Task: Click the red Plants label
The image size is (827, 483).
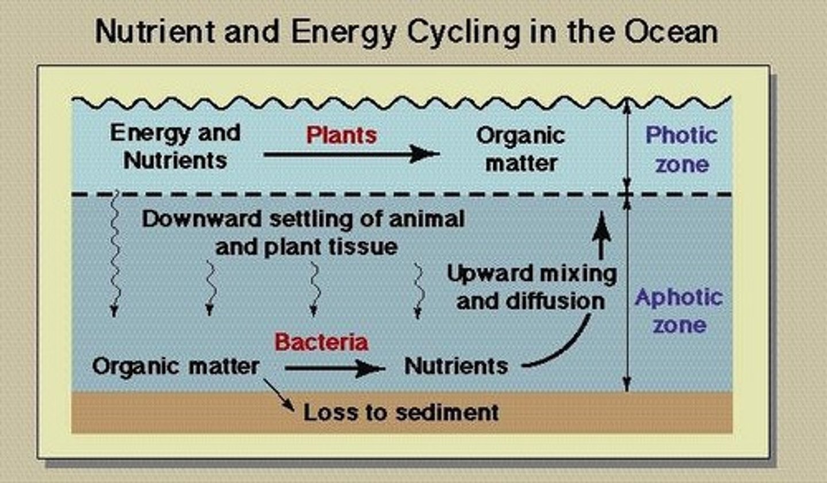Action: pyautogui.click(x=341, y=136)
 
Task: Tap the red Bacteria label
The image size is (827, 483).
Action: pyautogui.click(x=321, y=342)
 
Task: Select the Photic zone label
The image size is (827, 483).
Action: pyautogui.click(x=682, y=149)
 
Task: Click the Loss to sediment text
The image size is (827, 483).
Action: pyautogui.click(x=401, y=412)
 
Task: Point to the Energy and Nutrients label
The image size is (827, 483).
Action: pyautogui.click(x=175, y=147)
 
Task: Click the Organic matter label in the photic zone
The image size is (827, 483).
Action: pyautogui.click(x=520, y=149)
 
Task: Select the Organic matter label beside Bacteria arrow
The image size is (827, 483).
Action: pyautogui.click(x=176, y=366)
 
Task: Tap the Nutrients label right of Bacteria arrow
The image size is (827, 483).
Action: pyautogui.click(x=456, y=366)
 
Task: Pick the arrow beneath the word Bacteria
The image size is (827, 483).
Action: pyautogui.click(x=334, y=368)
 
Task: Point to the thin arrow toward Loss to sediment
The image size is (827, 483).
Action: pyautogui.click(x=279, y=395)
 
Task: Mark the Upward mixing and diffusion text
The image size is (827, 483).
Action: pyautogui.click(x=531, y=287)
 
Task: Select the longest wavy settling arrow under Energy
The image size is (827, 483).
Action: pyautogui.click(x=114, y=253)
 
